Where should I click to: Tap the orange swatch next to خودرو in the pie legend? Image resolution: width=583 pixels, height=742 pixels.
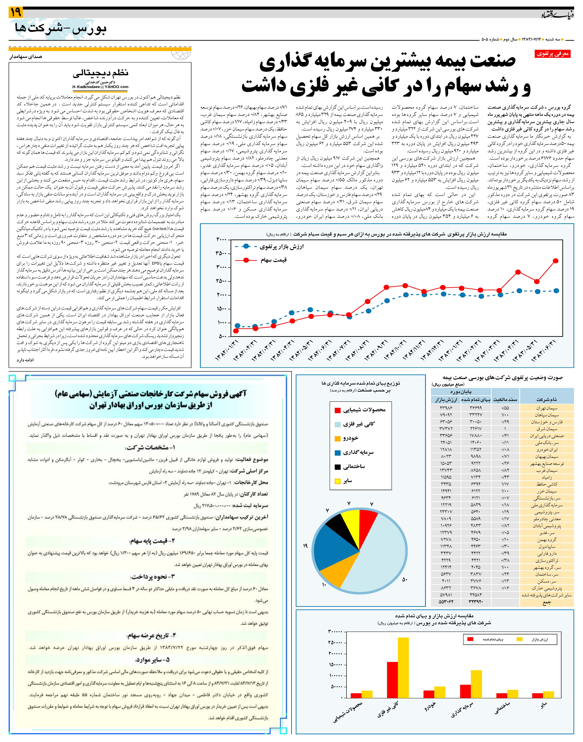pyautogui.click(x=338, y=438)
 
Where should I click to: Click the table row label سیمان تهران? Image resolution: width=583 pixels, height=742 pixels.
pyautogui.click(x=546, y=408)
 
